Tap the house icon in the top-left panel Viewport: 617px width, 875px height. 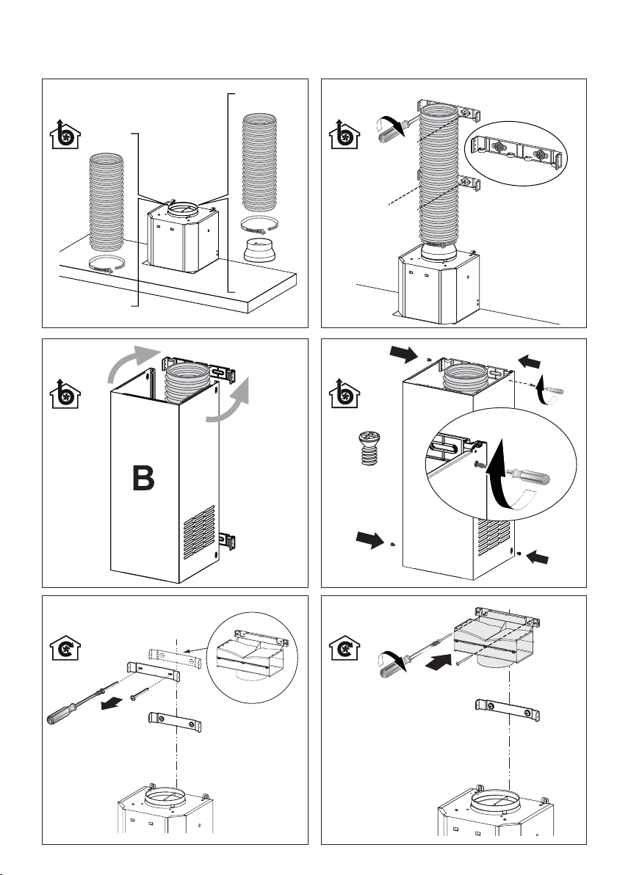click(x=66, y=136)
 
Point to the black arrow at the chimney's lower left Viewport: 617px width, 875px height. click(x=372, y=542)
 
